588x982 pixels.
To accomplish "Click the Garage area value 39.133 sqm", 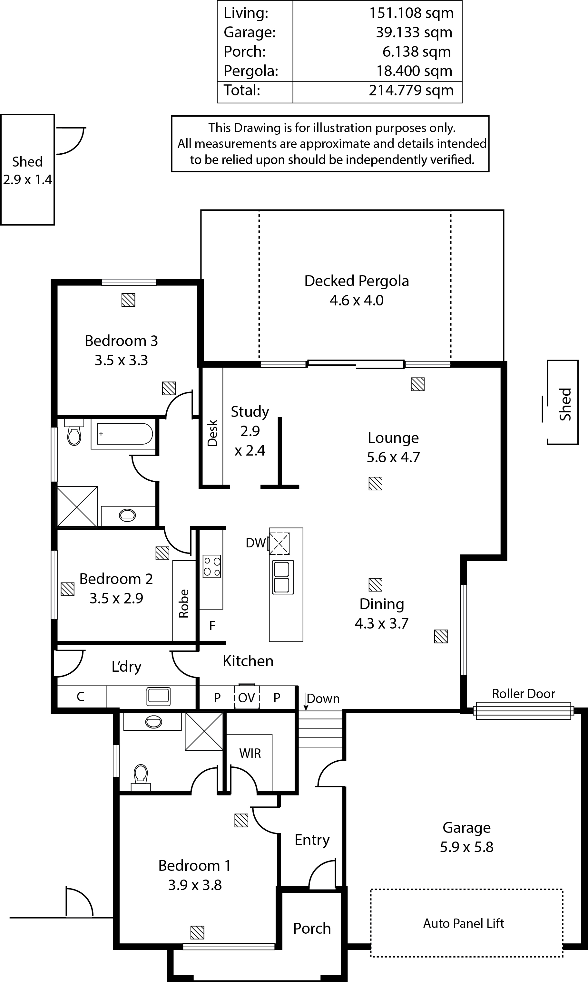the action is coord(414,33).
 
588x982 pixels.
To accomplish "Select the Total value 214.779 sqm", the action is coord(411,90).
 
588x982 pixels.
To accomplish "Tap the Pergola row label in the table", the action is coord(251,71).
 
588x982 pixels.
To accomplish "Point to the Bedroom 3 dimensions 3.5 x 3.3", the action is coord(121,360).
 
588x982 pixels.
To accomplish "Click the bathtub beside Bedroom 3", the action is coord(124,434).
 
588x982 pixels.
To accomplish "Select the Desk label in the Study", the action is coord(213,433).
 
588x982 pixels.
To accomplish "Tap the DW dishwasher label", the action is coord(256,543).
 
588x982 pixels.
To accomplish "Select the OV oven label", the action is coord(247,698).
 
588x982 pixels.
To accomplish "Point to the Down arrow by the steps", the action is coord(306,702).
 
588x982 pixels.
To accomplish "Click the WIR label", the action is coord(250,753).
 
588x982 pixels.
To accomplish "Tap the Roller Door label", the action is coord(524,694).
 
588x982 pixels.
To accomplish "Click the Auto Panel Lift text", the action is coord(464,923).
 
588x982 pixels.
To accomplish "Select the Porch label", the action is coord(312,929).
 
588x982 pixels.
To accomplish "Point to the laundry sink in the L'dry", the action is coord(159,697).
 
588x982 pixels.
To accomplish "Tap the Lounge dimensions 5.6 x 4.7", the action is coord(393,457).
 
